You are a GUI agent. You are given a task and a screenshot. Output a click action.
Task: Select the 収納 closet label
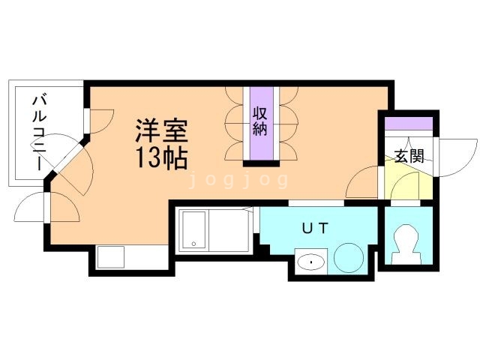pos(260,122)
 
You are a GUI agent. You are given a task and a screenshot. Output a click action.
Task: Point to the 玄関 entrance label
pos(409,156)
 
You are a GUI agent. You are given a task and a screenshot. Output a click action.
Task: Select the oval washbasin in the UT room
pos(309,262)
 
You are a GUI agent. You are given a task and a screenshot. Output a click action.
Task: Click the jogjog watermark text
pos(239,180)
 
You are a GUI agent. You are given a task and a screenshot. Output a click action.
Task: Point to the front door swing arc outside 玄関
pos(455,159)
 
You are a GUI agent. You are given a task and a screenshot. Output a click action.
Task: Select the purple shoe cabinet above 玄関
pos(409,123)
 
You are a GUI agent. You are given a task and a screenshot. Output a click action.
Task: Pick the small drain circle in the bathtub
pos(193,244)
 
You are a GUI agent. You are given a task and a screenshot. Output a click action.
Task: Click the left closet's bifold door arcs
pos(235,124)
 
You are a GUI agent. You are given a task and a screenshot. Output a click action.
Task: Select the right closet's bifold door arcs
pos(286,124)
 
